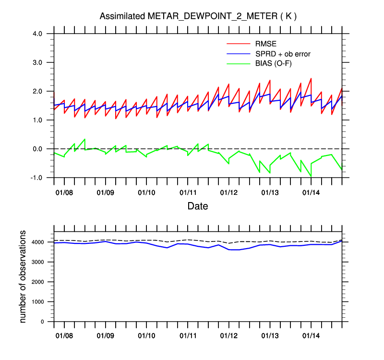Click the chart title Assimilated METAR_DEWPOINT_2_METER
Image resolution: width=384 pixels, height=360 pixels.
point(198,16)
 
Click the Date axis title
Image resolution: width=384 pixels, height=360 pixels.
point(198,206)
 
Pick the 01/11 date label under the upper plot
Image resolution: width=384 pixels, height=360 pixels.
point(188,192)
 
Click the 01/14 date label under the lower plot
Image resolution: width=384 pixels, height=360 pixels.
point(312,335)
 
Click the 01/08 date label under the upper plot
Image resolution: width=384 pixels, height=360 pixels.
point(64,192)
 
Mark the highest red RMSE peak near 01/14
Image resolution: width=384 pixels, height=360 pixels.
point(311,78)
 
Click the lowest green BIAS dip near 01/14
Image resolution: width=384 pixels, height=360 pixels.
point(311,176)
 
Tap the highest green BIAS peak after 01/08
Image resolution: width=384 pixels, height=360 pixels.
point(84,139)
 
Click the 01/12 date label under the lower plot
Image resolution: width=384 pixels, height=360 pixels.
point(229,335)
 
